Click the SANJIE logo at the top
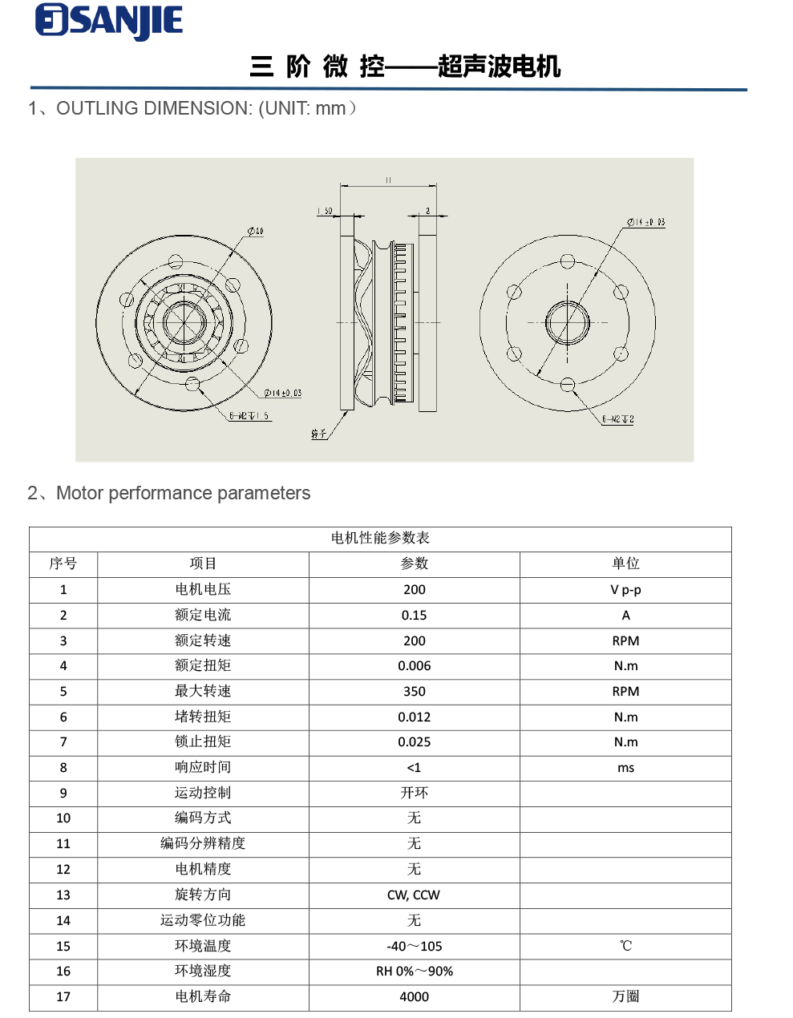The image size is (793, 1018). pyautogui.click(x=109, y=22)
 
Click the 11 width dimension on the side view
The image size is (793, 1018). pyautogui.click(x=388, y=180)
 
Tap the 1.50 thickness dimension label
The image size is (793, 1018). pyautogui.click(x=325, y=211)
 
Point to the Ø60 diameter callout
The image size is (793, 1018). pyautogui.click(x=255, y=232)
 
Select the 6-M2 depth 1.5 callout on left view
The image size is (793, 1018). pyautogui.click(x=249, y=416)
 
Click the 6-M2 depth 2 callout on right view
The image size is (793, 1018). pyautogui.click(x=618, y=419)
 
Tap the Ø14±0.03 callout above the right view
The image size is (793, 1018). pyautogui.click(x=646, y=222)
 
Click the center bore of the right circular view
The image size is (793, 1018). pyautogui.click(x=568, y=323)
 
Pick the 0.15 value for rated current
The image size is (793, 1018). pyautogui.click(x=414, y=615)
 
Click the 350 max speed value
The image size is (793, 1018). pyautogui.click(x=414, y=691)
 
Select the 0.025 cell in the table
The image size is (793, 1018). pyautogui.click(x=414, y=742)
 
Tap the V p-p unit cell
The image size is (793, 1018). pyautogui.click(x=625, y=590)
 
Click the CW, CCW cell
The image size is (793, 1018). pyautogui.click(x=414, y=895)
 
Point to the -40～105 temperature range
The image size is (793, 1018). pyautogui.click(x=414, y=946)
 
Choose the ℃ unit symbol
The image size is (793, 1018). pyautogui.click(x=625, y=946)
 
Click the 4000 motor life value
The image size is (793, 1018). pyautogui.click(x=414, y=996)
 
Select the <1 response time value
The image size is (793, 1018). pyautogui.click(x=414, y=768)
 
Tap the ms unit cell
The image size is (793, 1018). pyautogui.click(x=625, y=768)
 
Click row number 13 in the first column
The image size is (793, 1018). pyautogui.click(x=63, y=895)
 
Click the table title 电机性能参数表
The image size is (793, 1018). pyautogui.click(x=380, y=538)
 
